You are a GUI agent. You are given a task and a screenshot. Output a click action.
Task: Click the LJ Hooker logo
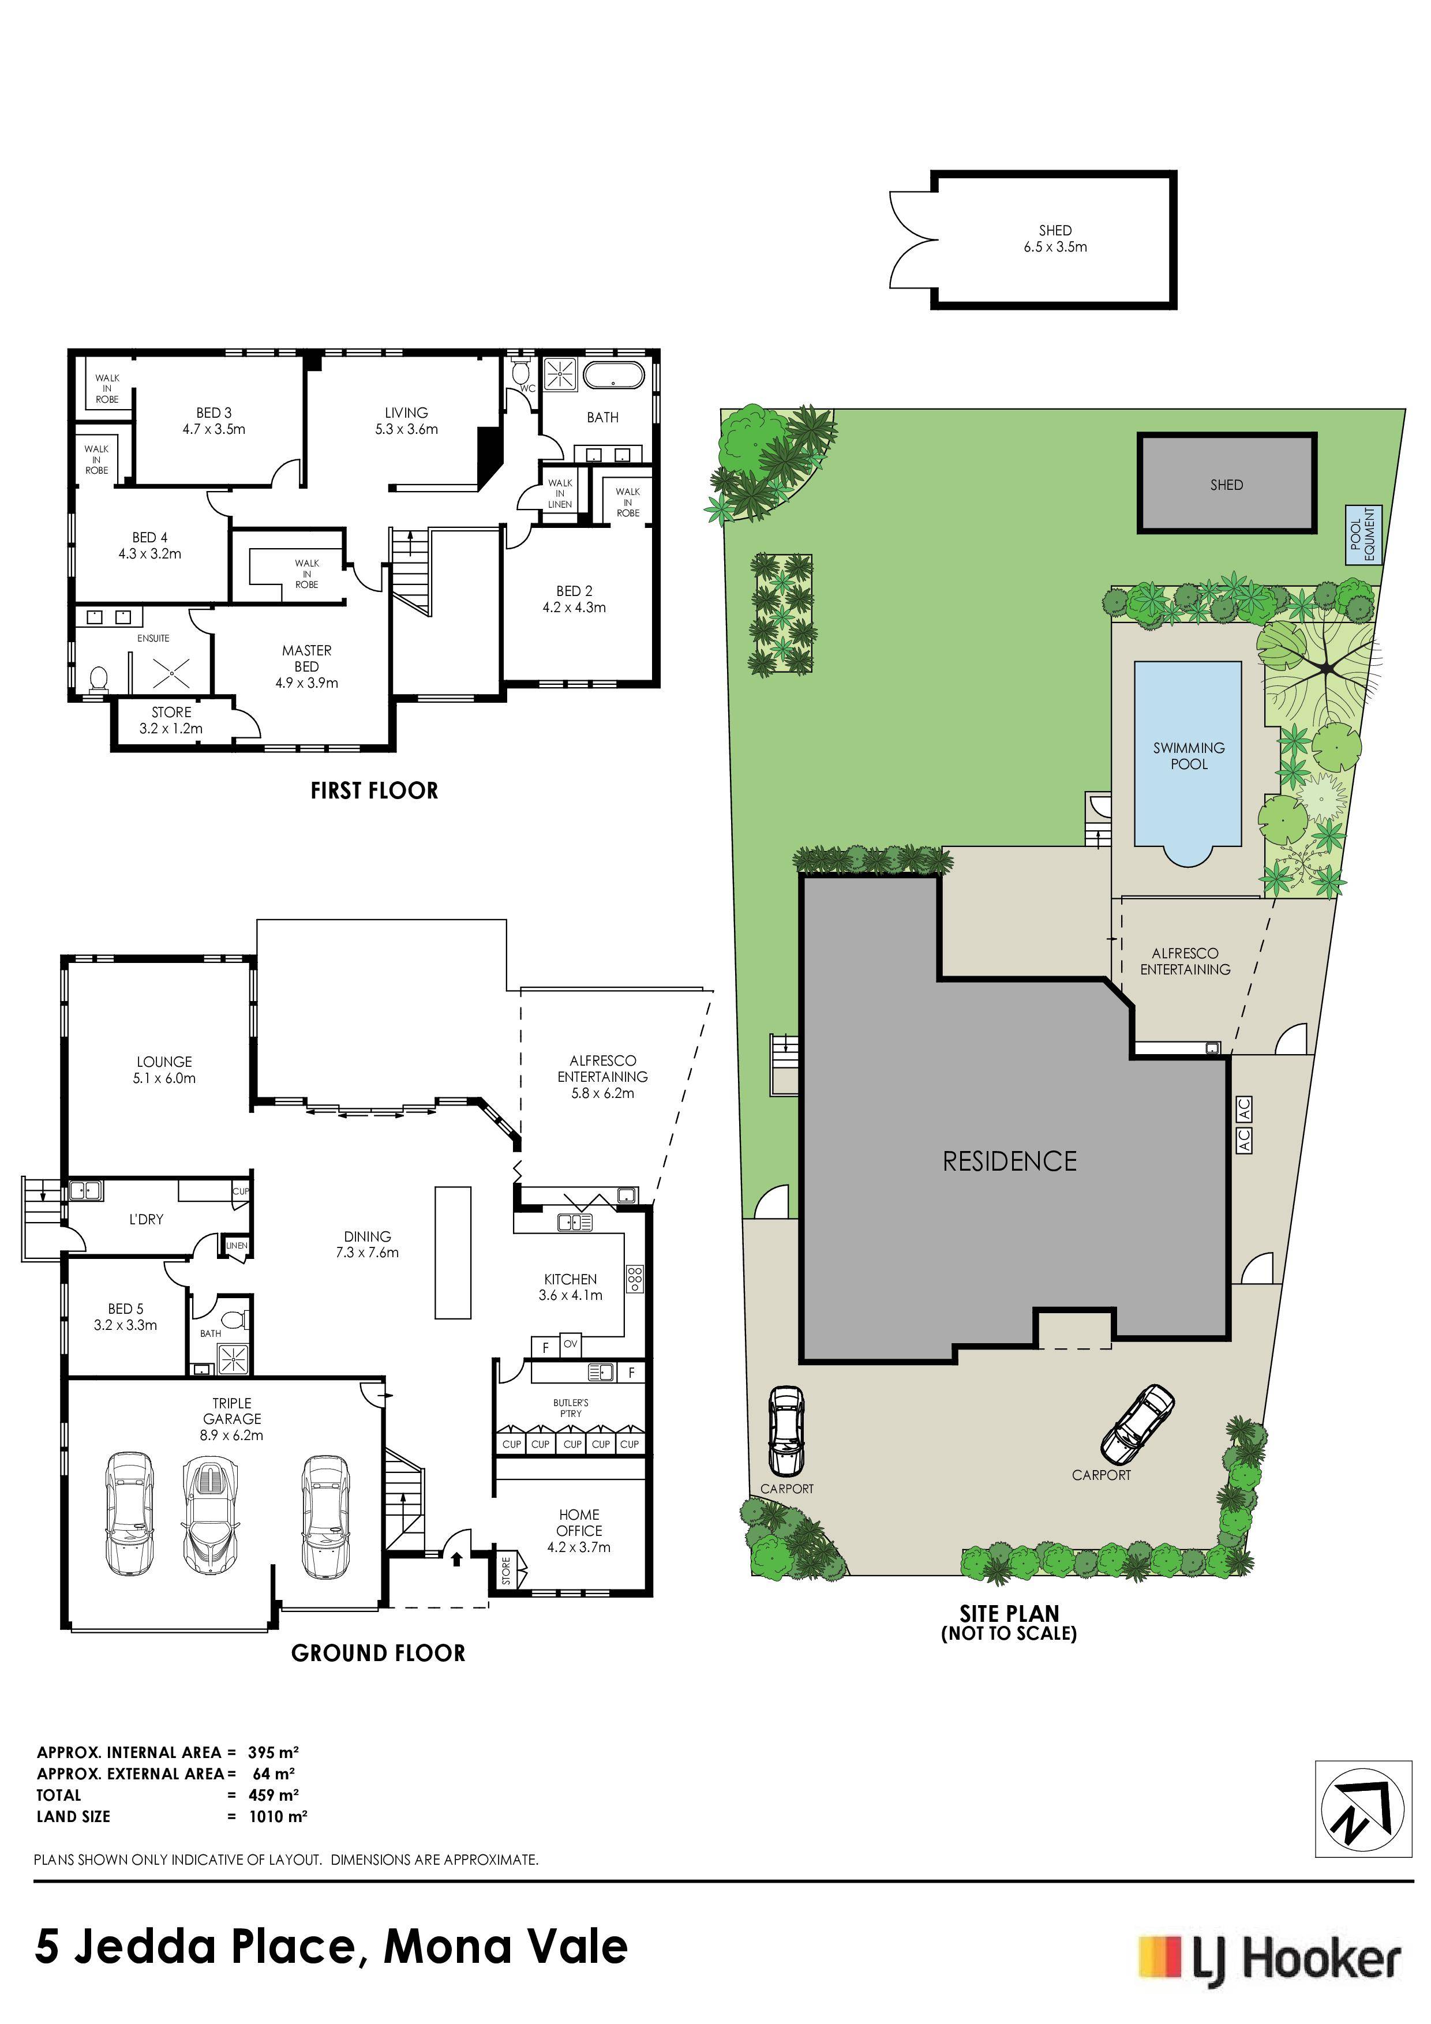(1269, 1959)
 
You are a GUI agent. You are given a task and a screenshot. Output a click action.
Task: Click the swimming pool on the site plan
(1187, 763)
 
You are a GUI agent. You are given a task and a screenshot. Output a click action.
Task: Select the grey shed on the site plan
(1226, 483)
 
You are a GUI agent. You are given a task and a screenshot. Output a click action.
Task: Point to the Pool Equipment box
(1363, 534)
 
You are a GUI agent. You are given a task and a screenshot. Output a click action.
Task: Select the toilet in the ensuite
(99, 679)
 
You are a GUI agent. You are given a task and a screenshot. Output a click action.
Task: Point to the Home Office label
(579, 1530)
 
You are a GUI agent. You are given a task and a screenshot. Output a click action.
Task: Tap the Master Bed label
(307, 666)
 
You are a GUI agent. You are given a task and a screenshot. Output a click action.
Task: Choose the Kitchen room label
(571, 1287)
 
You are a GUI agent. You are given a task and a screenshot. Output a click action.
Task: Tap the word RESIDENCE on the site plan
(1010, 1161)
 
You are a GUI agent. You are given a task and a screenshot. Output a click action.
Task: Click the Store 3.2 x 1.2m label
(171, 720)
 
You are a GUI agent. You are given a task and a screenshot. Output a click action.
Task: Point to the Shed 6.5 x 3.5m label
(1055, 239)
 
